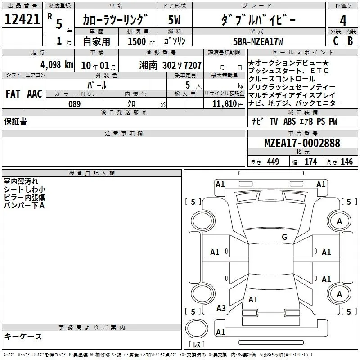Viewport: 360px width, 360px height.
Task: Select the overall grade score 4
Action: coord(343,20)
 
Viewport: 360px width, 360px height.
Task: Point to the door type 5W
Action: coord(175,20)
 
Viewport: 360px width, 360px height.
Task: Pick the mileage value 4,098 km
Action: coord(56,64)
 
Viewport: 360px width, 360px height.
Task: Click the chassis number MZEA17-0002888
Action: coord(302,144)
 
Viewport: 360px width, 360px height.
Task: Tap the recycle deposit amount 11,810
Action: coord(223,104)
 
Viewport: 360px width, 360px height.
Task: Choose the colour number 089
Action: coord(74,104)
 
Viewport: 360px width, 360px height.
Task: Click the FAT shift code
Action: coord(13,94)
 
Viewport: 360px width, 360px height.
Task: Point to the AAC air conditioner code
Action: coord(35,94)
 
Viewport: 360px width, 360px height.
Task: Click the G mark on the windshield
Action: coord(284,237)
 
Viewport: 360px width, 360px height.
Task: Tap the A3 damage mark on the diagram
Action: coord(221,308)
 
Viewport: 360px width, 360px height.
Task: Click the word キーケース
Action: coord(23,336)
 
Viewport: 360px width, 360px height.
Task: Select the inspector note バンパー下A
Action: coord(24,206)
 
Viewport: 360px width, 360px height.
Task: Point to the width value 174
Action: coord(310,162)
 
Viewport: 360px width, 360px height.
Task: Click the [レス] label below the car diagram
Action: coord(197,345)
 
